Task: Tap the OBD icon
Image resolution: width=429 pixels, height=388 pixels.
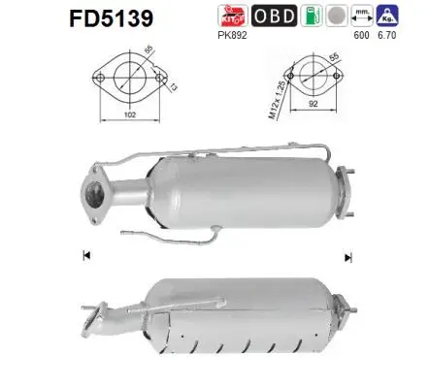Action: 276,17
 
